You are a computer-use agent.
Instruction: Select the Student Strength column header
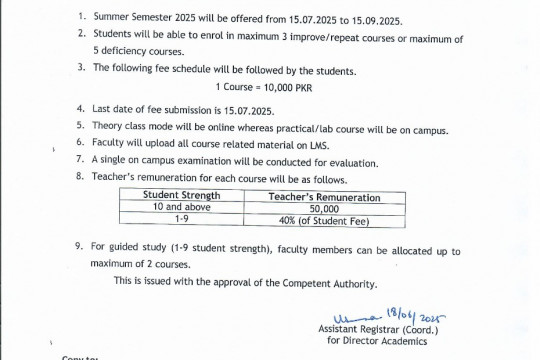click(181, 196)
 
